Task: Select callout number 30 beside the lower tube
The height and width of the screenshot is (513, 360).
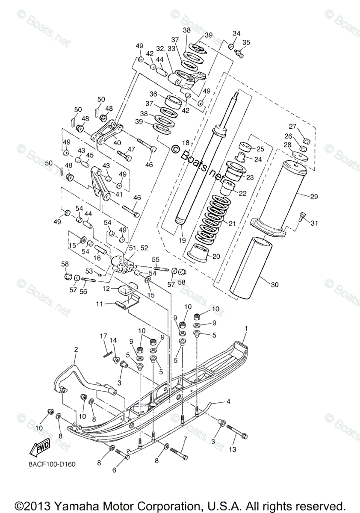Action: (274, 284)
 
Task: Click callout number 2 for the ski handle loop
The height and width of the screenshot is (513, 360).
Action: (76, 349)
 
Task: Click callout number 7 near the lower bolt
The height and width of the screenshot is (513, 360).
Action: (185, 439)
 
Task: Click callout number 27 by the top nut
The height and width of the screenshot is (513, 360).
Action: (292, 126)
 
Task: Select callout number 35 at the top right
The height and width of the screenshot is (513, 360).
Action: (246, 42)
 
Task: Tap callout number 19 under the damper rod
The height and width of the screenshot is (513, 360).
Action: (182, 241)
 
